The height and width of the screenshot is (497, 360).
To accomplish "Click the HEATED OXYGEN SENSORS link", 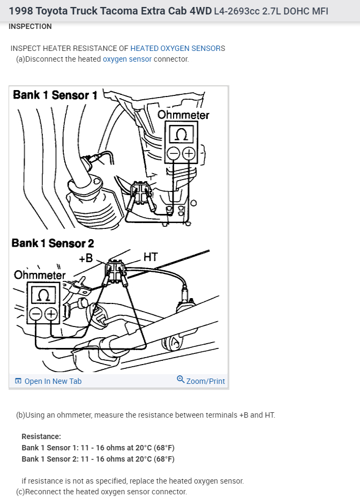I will [177, 48].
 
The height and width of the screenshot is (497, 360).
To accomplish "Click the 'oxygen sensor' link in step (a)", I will [127, 59].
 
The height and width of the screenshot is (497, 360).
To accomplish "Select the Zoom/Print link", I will [201, 381].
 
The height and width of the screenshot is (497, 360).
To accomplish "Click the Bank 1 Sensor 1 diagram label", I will [55, 95].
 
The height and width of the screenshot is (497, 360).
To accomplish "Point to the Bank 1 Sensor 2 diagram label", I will [52, 243].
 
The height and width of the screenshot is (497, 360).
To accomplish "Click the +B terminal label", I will [86, 258].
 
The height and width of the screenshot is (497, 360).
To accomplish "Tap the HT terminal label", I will [151, 257].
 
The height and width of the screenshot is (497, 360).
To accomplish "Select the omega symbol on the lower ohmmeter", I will [44, 294].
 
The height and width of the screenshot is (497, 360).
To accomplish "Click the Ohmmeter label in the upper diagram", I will [183, 115].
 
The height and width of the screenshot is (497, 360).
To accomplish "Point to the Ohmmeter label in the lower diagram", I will [40, 275].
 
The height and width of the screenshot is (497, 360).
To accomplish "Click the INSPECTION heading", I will [31, 26].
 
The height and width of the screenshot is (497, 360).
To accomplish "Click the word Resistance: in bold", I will [41, 436].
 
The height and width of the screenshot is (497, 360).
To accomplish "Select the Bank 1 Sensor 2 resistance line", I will [98, 459].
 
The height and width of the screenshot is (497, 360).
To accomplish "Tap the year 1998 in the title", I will [20, 11].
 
